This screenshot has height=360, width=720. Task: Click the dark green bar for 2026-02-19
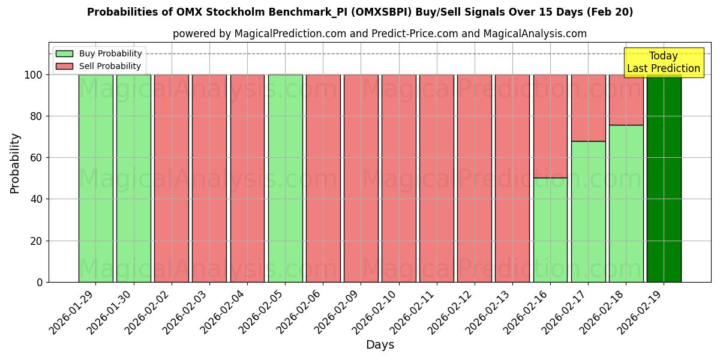point(664,178)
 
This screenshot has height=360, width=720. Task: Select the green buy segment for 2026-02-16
point(550,230)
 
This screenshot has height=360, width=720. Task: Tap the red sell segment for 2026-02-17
point(588,108)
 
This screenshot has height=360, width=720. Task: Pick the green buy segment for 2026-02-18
point(626,203)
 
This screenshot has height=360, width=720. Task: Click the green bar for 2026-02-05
point(285,178)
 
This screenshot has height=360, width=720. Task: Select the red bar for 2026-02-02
point(172,178)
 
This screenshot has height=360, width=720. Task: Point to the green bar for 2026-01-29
point(95,178)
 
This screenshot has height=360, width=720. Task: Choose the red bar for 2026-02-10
point(398,178)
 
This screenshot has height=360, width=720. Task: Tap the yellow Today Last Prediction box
point(663,62)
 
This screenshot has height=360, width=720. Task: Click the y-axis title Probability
point(15,163)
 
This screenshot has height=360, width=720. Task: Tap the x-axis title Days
point(380,345)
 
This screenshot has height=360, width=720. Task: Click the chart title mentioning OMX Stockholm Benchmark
point(360,12)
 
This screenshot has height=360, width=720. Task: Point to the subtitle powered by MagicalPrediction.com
point(380,34)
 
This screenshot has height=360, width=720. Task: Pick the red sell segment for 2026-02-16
point(550,126)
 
